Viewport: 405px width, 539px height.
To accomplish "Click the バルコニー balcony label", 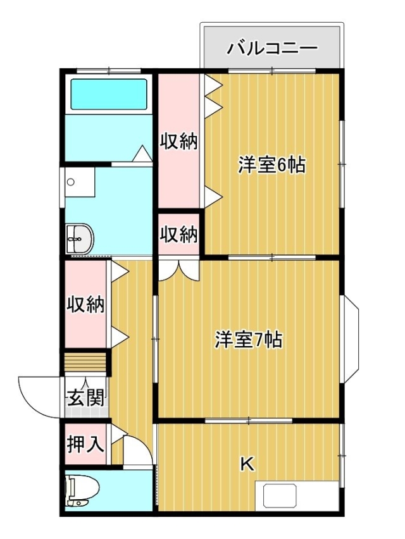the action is tap(271, 48).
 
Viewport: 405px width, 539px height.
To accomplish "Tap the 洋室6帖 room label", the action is tap(272, 165).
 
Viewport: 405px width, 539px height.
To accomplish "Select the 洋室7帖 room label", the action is tap(249, 340).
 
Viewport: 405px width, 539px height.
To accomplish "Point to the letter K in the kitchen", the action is tap(247, 464).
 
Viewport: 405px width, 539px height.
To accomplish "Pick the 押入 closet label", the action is tap(85, 443).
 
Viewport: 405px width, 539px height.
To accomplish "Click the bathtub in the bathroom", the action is tap(109, 94).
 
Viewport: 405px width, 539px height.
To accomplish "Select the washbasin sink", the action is tap(80, 240).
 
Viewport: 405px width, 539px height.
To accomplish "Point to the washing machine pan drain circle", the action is tap(71, 182).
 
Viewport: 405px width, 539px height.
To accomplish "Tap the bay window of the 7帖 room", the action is tap(351, 339).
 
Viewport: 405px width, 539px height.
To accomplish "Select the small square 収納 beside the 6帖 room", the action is tap(179, 235).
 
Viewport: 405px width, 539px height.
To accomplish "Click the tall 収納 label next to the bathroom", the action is tap(179, 141).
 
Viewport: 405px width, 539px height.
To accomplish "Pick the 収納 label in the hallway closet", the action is tap(85, 304).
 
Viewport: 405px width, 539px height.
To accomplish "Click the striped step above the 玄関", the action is tap(85, 362).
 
